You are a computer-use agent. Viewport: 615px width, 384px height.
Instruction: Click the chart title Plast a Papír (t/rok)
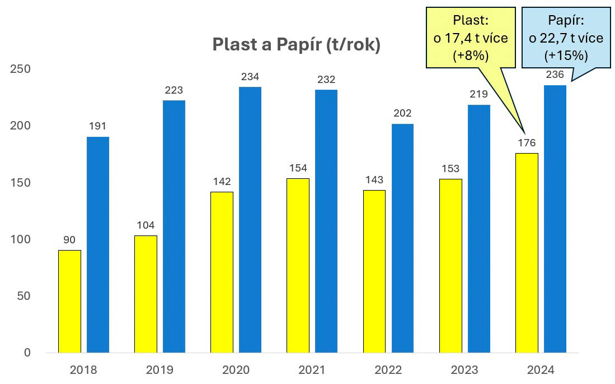coord(296,45)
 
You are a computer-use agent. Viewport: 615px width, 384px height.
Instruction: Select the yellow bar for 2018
coord(69,301)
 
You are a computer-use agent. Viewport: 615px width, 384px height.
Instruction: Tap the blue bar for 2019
coord(173,226)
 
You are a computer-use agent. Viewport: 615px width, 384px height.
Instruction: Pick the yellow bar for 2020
coord(222,272)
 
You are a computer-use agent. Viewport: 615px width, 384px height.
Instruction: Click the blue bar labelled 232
coord(326,221)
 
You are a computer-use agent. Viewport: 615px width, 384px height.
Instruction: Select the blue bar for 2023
coord(478,229)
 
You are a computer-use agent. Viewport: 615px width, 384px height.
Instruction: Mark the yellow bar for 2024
coord(527,253)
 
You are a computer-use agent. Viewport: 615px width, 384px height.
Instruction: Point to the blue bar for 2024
coord(555,219)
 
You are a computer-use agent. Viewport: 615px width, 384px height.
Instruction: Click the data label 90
coord(69,240)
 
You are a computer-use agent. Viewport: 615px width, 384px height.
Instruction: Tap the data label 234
coord(250,77)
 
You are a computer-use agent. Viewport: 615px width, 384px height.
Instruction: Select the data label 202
coord(402,114)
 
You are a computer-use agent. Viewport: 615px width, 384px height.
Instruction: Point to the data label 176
coord(526,143)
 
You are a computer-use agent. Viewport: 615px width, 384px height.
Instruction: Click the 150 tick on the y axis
coord(20,183)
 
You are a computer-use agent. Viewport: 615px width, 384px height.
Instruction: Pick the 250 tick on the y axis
coord(20,69)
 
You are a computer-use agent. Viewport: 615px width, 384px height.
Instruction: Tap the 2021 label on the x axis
coord(312,370)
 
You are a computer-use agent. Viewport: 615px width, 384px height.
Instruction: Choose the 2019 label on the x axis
coord(159,370)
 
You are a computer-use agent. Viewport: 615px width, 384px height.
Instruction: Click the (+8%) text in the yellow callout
coord(471,55)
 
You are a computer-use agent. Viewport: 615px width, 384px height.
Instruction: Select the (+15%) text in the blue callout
coord(566,55)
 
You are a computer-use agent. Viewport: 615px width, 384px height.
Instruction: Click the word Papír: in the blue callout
coord(566,21)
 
